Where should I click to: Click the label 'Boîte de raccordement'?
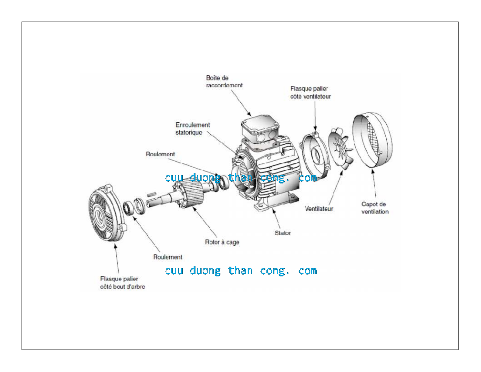point(224,81)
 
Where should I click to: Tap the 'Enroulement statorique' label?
point(193,129)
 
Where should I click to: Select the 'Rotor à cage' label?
point(222,242)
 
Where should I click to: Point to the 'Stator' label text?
point(283,233)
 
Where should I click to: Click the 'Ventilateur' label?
point(319,209)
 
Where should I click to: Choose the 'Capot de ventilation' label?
point(375,208)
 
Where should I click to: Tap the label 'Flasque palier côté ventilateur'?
point(310,92)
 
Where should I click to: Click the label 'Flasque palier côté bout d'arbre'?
point(122,282)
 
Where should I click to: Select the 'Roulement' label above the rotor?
point(160,154)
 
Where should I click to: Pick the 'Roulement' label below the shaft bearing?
point(168,257)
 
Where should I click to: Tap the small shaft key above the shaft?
point(152,195)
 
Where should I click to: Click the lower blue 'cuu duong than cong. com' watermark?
point(241,271)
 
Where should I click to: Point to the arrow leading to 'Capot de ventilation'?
point(374,183)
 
